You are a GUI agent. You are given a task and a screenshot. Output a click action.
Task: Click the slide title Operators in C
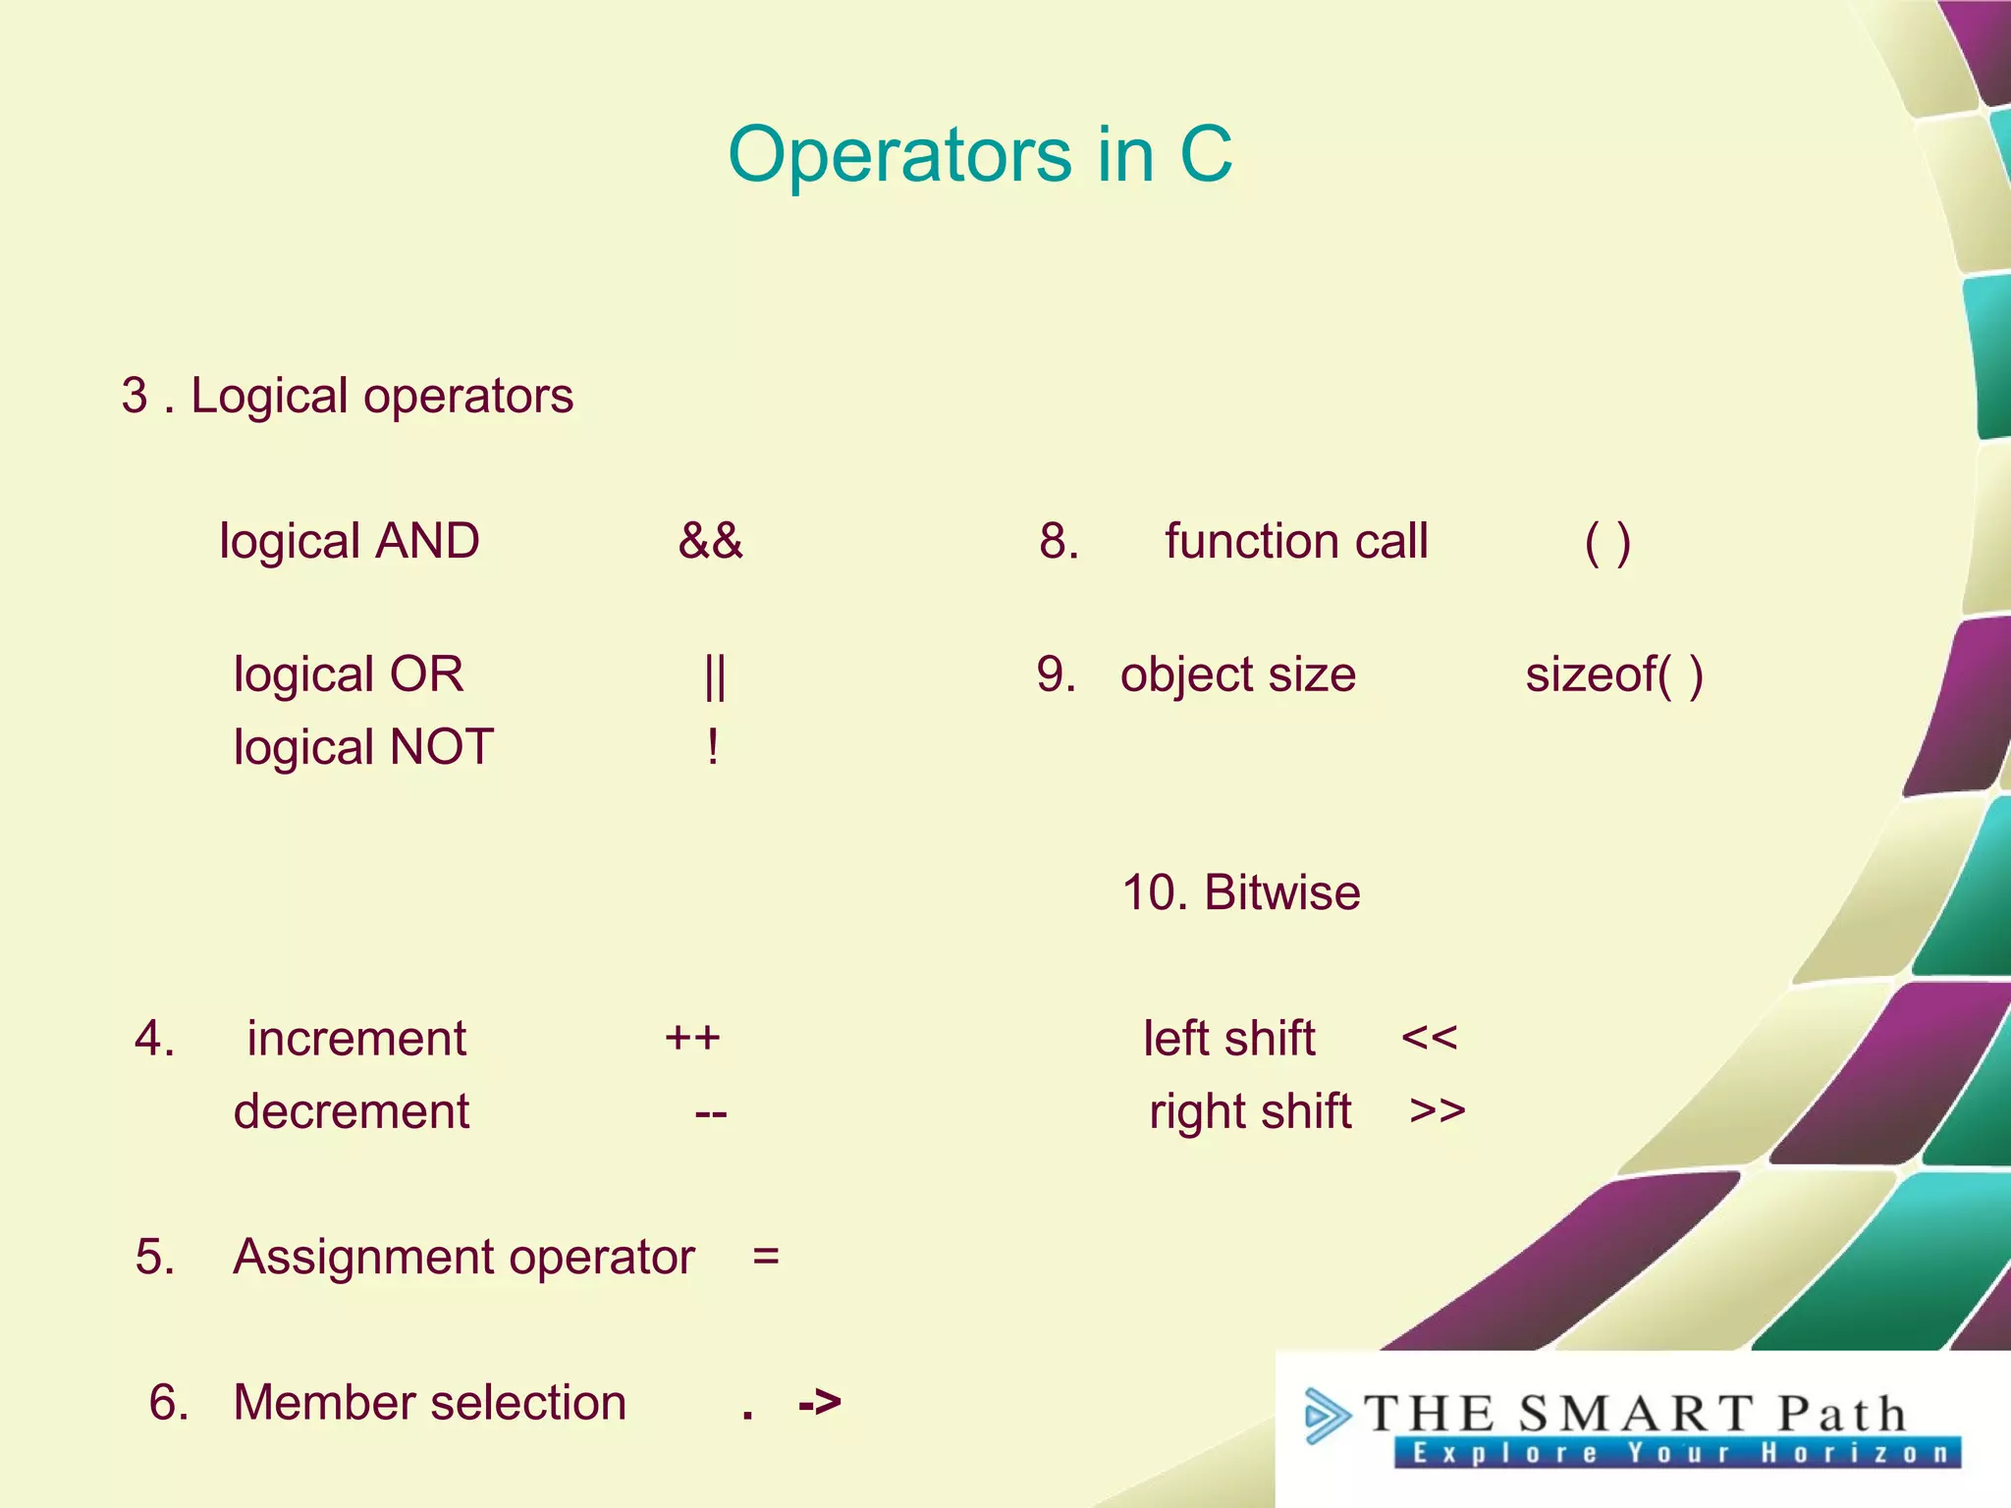pyautogui.click(x=980, y=155)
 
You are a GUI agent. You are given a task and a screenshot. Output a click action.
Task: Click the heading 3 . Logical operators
pyautogui.click(x=347, y=397)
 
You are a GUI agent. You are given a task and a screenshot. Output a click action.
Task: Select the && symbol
pyautogui.click(x=710, y=541)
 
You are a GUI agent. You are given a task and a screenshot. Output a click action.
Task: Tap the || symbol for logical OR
pyautogui.click(x=715, y=675)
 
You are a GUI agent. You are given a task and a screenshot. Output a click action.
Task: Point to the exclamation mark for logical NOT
pyautogui.click(x=713, y=748)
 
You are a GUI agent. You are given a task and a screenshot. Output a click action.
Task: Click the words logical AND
pyautogui.click(x=350, y=542)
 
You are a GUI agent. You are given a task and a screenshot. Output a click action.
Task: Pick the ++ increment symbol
pyautogui.click(x=692, y=1038)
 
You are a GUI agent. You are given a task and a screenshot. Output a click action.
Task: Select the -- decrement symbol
pyautogui.click(x=710, y=1113)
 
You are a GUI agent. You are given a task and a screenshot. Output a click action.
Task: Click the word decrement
pyautogui.click(x=351, y=1112)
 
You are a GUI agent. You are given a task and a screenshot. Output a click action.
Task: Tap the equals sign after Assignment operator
pyautogui.click(x=766, y=1257)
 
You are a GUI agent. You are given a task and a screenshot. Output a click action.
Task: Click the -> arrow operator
pyautogui.click(x=820, y=1402)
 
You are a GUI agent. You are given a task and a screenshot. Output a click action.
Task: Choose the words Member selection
pyautogui.click(x=429, y=1402)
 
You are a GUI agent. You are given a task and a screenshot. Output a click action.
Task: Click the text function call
pyautogui.click(x=1296, y=542)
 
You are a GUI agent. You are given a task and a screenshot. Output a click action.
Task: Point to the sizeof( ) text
pyautogui.click(x=1613, y=675)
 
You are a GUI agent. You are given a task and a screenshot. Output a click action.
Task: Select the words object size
pyautogui.click(x=1238, y=675)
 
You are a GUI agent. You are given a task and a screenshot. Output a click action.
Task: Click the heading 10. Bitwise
pyautogui.click(x=1241, y=893)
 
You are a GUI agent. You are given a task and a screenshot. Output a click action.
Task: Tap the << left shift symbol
pyautogui.click(x=1429, y=1038)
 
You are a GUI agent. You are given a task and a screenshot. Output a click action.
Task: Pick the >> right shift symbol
pyautogui.click(x=1437, y=1111)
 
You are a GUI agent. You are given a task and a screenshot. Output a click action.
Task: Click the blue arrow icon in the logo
pyautogui.click(x=1327, y=1415)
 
